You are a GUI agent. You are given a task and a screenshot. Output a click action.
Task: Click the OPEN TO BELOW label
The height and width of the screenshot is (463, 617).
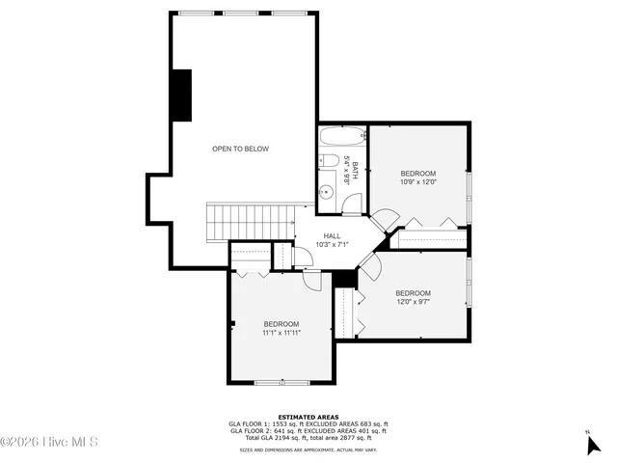[x=240, y=149]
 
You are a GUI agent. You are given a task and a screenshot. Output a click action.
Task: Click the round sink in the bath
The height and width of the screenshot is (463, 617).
[x=326, y=192]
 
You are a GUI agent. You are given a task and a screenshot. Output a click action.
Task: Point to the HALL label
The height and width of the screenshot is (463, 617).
[x=332, y=235]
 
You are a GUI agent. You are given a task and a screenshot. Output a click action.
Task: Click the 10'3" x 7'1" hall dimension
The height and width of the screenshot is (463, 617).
[x=332, y=244]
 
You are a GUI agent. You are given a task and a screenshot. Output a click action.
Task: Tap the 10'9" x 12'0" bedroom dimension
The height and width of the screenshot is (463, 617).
[x=418, y=180]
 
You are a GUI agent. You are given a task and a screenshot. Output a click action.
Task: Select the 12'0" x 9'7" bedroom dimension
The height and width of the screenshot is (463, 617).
[x=413, y=301]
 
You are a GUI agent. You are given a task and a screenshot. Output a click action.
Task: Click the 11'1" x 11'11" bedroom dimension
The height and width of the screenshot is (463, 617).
[x=282, y=333]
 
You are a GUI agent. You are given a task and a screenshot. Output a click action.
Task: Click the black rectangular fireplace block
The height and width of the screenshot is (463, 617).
[x=180, y=95]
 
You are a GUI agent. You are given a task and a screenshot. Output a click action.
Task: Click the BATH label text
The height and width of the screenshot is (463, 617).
[x=355, y=171]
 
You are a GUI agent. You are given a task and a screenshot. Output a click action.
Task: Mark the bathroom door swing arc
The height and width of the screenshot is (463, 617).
[x=353, y=203]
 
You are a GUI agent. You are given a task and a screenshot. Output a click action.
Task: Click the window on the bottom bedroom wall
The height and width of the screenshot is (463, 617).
[x=282, y=384]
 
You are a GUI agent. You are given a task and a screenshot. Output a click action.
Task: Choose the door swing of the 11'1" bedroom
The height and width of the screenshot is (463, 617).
[x=311, y=281]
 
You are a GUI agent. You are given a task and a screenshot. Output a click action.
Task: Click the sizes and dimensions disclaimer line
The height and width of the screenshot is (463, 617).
[x=308, y=449]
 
